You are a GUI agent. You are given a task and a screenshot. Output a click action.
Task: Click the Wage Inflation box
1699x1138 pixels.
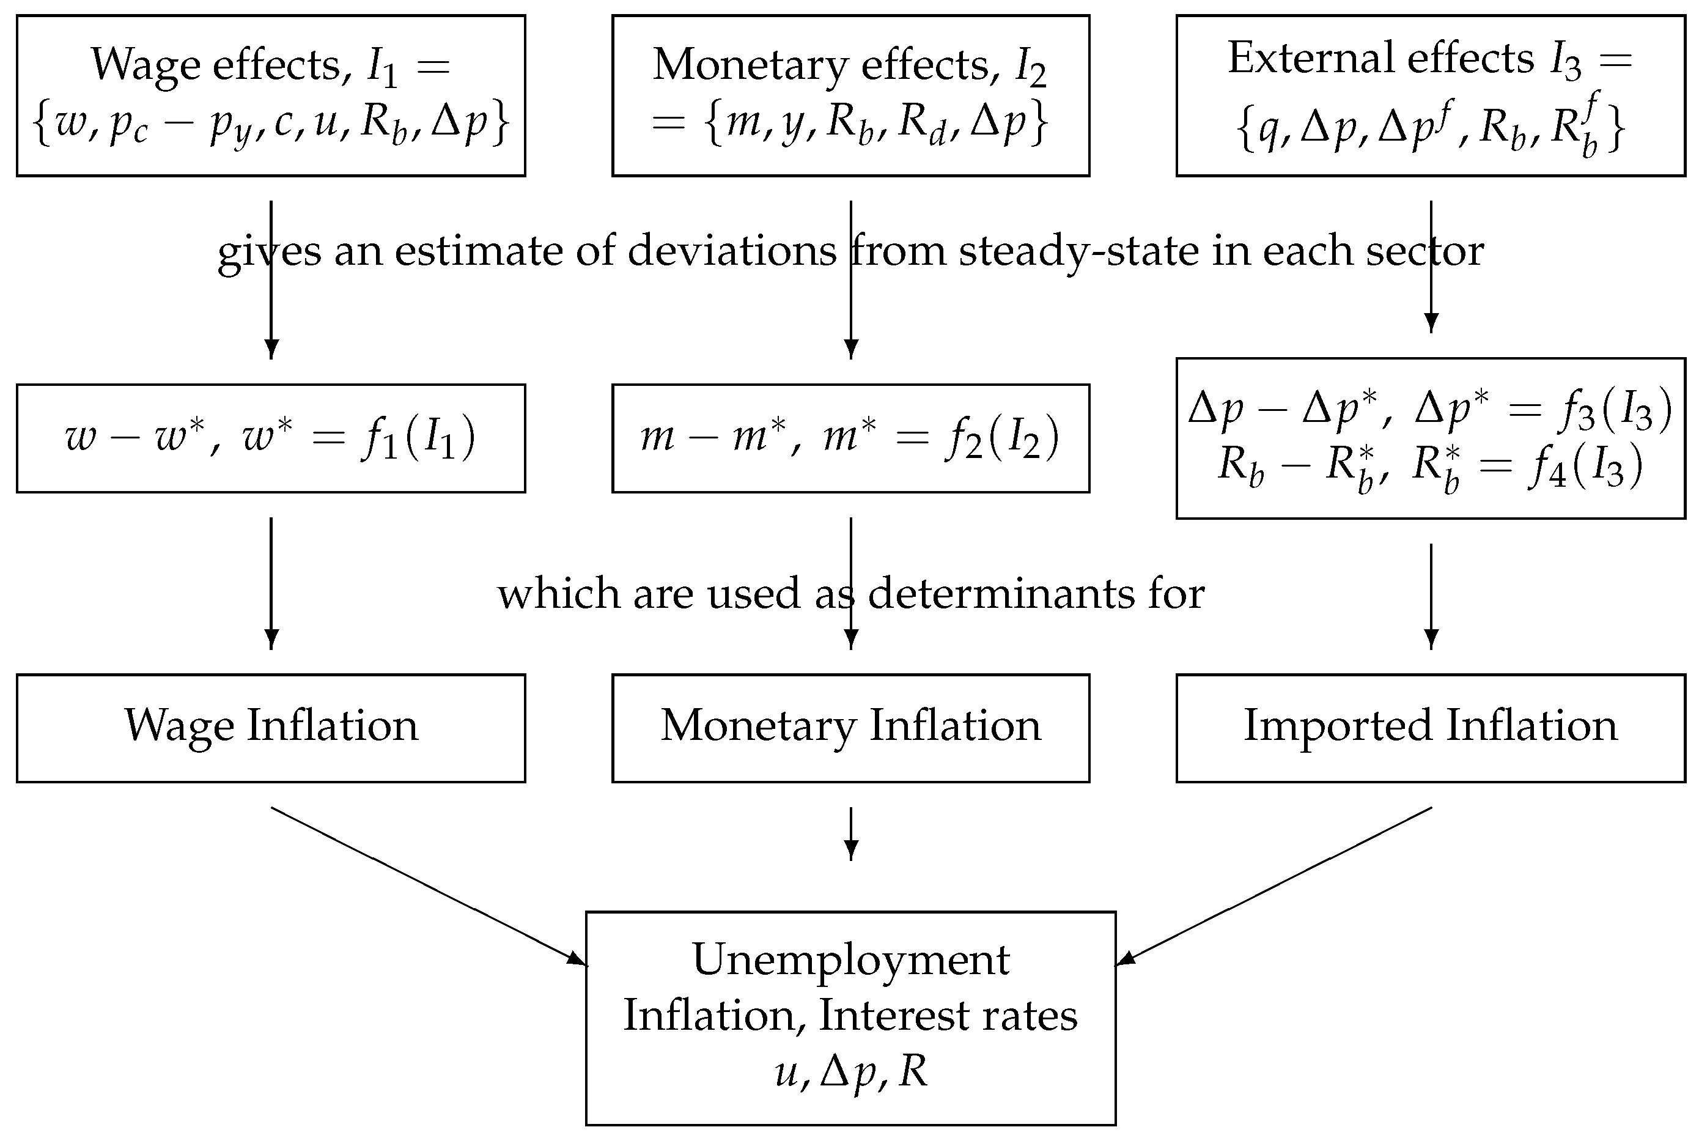(x=271, y=728)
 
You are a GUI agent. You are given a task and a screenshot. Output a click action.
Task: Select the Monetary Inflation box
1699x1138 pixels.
(x=850, y=728)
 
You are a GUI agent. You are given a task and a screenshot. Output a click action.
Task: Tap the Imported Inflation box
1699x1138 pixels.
(x=1430, y=728)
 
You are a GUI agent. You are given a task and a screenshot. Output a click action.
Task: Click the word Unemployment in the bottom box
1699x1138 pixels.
(x=850, y=960)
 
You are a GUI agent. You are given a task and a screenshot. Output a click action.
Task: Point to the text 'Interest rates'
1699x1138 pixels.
(x=948, y=1016)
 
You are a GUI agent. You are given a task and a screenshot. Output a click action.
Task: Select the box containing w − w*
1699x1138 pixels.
(x=271, y=438)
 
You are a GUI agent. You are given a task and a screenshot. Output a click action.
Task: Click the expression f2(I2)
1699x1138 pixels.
(x=1001, y=438)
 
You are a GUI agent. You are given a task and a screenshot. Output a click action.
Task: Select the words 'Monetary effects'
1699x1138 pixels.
(x=820, y=65)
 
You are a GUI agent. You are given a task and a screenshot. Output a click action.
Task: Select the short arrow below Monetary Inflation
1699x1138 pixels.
(x=851, y=833)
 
